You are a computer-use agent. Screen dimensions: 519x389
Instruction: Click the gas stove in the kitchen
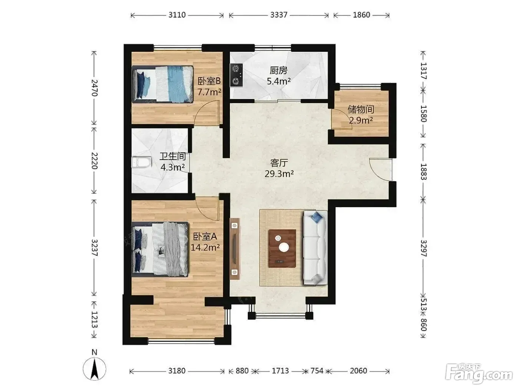coord(237,75)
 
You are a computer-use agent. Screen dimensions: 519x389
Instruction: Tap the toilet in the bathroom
coord(141,162)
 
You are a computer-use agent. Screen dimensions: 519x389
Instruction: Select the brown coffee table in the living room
coord(282,249)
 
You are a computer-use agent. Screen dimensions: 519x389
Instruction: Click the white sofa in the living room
coord(315,247)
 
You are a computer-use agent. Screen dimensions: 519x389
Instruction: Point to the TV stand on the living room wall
coord(235,249)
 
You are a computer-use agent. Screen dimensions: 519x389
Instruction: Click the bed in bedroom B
coord(163,84)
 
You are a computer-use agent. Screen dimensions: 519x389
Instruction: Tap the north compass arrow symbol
coord(95,369)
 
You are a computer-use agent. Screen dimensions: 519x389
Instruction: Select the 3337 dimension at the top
coord(279,15)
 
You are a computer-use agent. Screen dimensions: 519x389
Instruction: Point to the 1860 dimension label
coord(361,15)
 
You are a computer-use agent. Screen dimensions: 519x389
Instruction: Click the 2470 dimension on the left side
coord(94,88)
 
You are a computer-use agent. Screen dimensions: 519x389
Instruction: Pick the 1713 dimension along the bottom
coord(280,371)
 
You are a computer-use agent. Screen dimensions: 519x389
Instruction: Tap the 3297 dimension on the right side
coord(423,248)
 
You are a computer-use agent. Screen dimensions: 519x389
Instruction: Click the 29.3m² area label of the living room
coord(279,174)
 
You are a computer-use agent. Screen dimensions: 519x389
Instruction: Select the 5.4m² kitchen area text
coord(279,81)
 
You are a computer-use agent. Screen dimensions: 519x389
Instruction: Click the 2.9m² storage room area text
coord(361,120)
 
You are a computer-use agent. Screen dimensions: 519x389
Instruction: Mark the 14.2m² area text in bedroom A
coord(205,247)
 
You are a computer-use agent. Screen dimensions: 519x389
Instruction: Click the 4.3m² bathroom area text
coord(172,167)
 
